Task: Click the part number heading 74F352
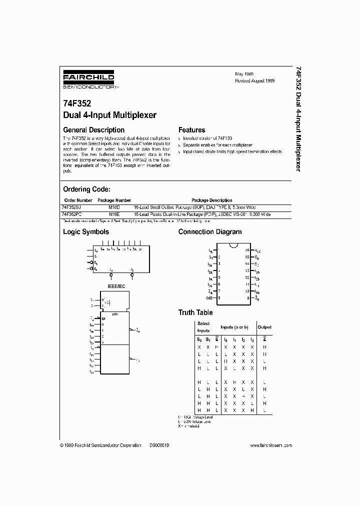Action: click(x=77, y=104)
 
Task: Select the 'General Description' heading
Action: click(x=93, y=130)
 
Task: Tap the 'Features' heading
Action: click(x=192, y=130)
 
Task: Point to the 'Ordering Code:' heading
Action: click(x=86, y=189)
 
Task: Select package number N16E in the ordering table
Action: click(x=114, y=213)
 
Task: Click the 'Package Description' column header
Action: click(x=211, y=200)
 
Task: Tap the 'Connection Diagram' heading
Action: click(x=209, y=232)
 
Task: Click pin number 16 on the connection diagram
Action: click(x=247, y=250)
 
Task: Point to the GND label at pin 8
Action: click(x=209, y=297)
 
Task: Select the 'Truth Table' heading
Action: click(x=195, y=312)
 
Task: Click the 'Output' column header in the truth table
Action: click(x=264, y=327)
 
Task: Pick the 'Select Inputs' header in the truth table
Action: click(x=203, y=327)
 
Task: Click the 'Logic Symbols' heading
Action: click(x=85, y=232)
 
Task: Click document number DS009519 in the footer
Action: click(x=159, y=445)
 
